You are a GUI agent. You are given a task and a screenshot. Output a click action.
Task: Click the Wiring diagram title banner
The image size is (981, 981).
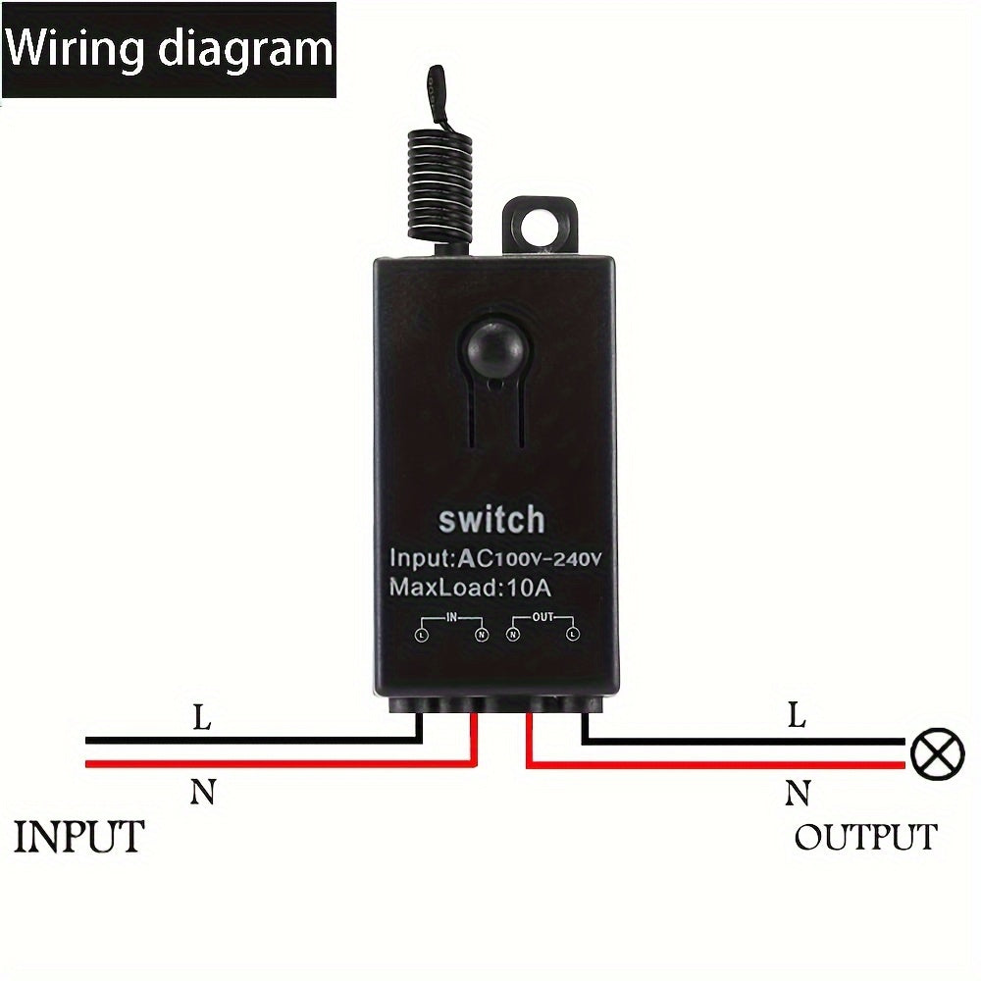(x=169, y=49)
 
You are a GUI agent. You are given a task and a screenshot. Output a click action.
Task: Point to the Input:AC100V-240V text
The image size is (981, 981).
(x=494, y=558)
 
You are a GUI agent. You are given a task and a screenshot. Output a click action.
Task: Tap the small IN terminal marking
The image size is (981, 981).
(x=451, y=618)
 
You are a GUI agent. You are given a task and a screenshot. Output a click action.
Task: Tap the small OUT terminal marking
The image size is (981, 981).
(x=542, y=618)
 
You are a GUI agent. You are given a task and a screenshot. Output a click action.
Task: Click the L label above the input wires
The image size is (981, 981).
(x=201, y=717)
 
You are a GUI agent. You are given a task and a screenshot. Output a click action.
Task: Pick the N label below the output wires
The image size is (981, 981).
(x=797, y=792)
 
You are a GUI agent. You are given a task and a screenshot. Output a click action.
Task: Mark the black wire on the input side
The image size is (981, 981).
(x=245, y=741)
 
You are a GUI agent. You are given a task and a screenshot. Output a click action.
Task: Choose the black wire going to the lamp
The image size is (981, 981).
(x=746, y=742)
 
